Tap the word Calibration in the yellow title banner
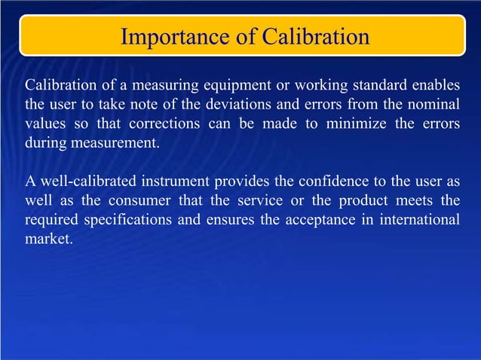311,36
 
